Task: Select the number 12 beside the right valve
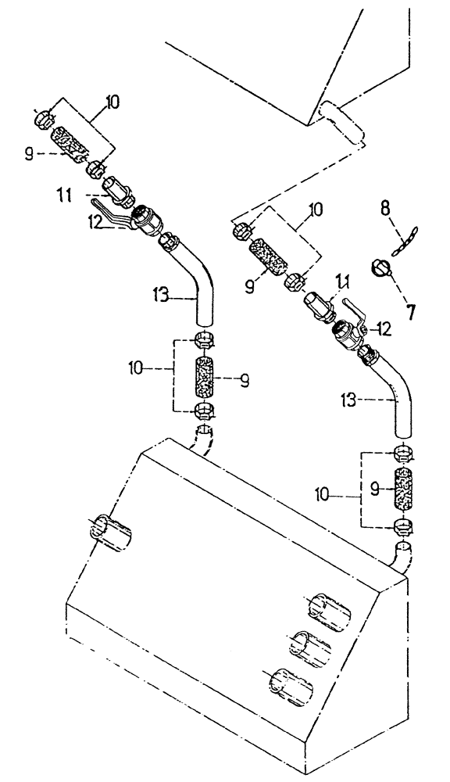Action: (x=383, y=330)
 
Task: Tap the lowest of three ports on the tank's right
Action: (x=290, y=686)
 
